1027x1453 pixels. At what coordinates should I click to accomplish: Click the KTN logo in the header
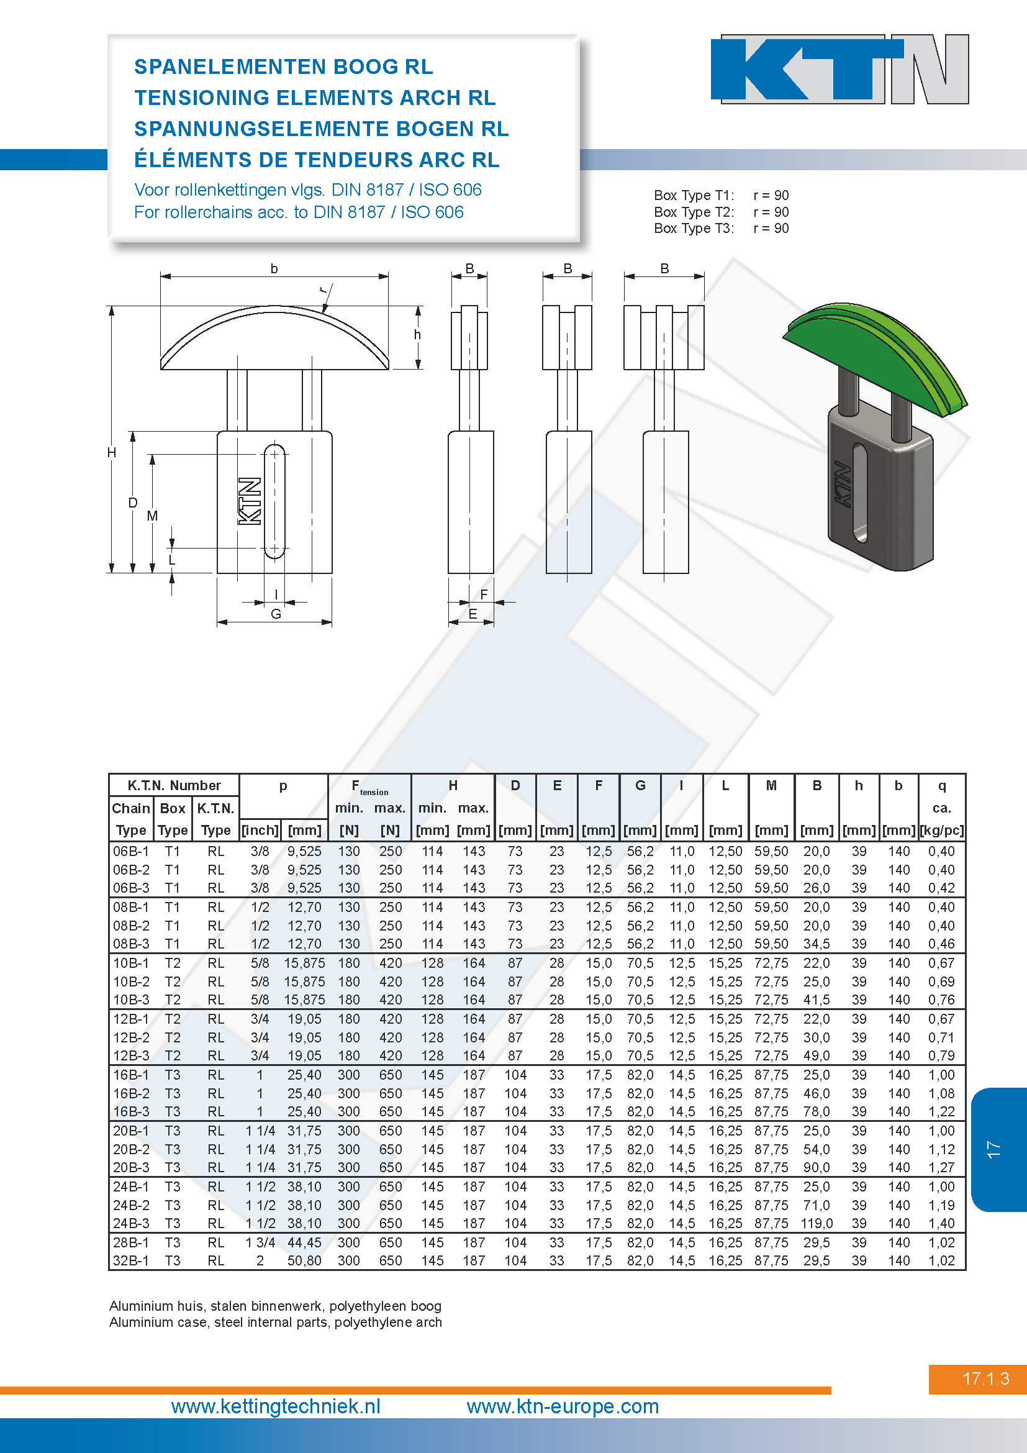pos(840,69)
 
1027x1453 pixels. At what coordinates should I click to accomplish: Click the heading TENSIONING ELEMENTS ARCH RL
pos(315,98)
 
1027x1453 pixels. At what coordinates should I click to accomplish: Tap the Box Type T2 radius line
pos(721,212)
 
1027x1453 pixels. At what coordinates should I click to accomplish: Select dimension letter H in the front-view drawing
pos(112,452)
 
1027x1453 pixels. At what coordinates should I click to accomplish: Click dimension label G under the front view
pos(276,614)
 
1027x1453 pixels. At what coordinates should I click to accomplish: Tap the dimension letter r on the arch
pos(323,291)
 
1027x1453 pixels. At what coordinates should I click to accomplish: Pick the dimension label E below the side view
pos(473,614)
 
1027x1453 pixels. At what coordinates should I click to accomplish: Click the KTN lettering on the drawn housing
pos(250,501)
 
